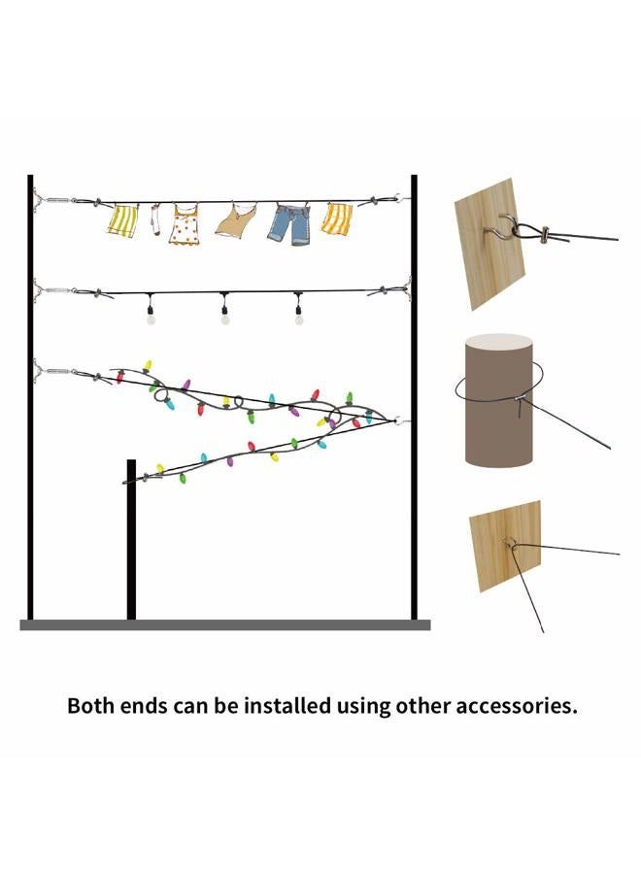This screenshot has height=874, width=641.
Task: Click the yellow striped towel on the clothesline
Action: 122,220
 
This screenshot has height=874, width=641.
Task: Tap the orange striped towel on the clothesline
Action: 337,218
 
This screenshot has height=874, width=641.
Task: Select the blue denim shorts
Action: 290,224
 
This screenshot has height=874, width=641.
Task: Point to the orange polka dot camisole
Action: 185,224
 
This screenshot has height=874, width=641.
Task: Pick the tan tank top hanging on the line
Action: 236,219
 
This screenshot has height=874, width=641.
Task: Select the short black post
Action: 131,539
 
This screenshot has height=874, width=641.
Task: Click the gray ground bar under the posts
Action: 225,624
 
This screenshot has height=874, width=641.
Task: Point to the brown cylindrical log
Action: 498,400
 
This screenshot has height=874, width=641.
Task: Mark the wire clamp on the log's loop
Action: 520,398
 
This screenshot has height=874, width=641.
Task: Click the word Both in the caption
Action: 89,706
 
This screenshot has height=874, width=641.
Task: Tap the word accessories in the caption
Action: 517,707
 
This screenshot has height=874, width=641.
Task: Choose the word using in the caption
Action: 363,708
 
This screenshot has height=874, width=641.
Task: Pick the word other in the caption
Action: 423,706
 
